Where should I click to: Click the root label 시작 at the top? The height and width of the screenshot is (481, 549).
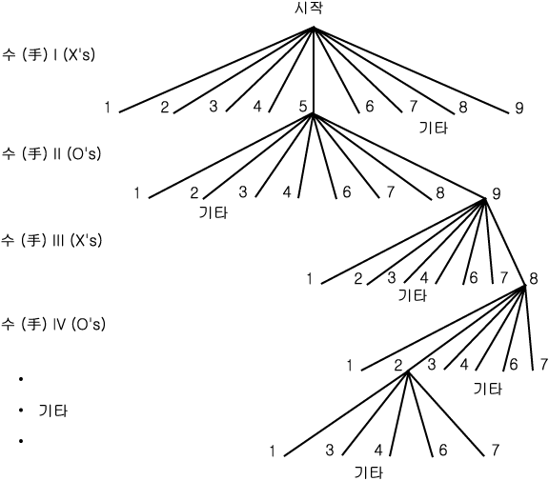point(309,8)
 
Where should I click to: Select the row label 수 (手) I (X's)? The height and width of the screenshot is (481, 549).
point(48,54)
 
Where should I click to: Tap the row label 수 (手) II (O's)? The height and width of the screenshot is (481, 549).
point(51,153)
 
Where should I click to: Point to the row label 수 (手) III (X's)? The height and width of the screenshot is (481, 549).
point(51,240)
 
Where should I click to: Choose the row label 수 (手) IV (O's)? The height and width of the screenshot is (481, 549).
point(53,324)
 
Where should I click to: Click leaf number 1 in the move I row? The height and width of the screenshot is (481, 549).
point(108,107)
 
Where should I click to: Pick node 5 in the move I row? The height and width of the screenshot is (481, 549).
point(303,107)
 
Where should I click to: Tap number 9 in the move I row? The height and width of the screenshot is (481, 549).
point(519,108)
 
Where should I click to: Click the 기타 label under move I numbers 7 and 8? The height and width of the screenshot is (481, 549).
point(434,128)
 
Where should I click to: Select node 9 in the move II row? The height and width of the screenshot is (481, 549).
point(497,193)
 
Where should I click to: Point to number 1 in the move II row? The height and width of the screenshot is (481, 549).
point(137,192)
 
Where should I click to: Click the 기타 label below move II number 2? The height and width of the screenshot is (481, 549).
point(213,212)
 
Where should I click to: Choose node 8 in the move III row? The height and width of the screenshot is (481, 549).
point(533,279)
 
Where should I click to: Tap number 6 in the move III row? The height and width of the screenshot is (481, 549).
point(474,278)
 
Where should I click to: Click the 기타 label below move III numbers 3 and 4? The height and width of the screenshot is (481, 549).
point(413,295)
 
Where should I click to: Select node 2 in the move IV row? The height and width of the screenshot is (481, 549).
point(398,366)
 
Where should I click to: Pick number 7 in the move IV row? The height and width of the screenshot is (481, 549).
point(543,365)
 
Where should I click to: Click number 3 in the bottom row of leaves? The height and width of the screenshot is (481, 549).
point(330,451)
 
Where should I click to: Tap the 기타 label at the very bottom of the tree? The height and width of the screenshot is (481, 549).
point(369,472)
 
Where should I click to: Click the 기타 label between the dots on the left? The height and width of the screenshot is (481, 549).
point(52,411)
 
